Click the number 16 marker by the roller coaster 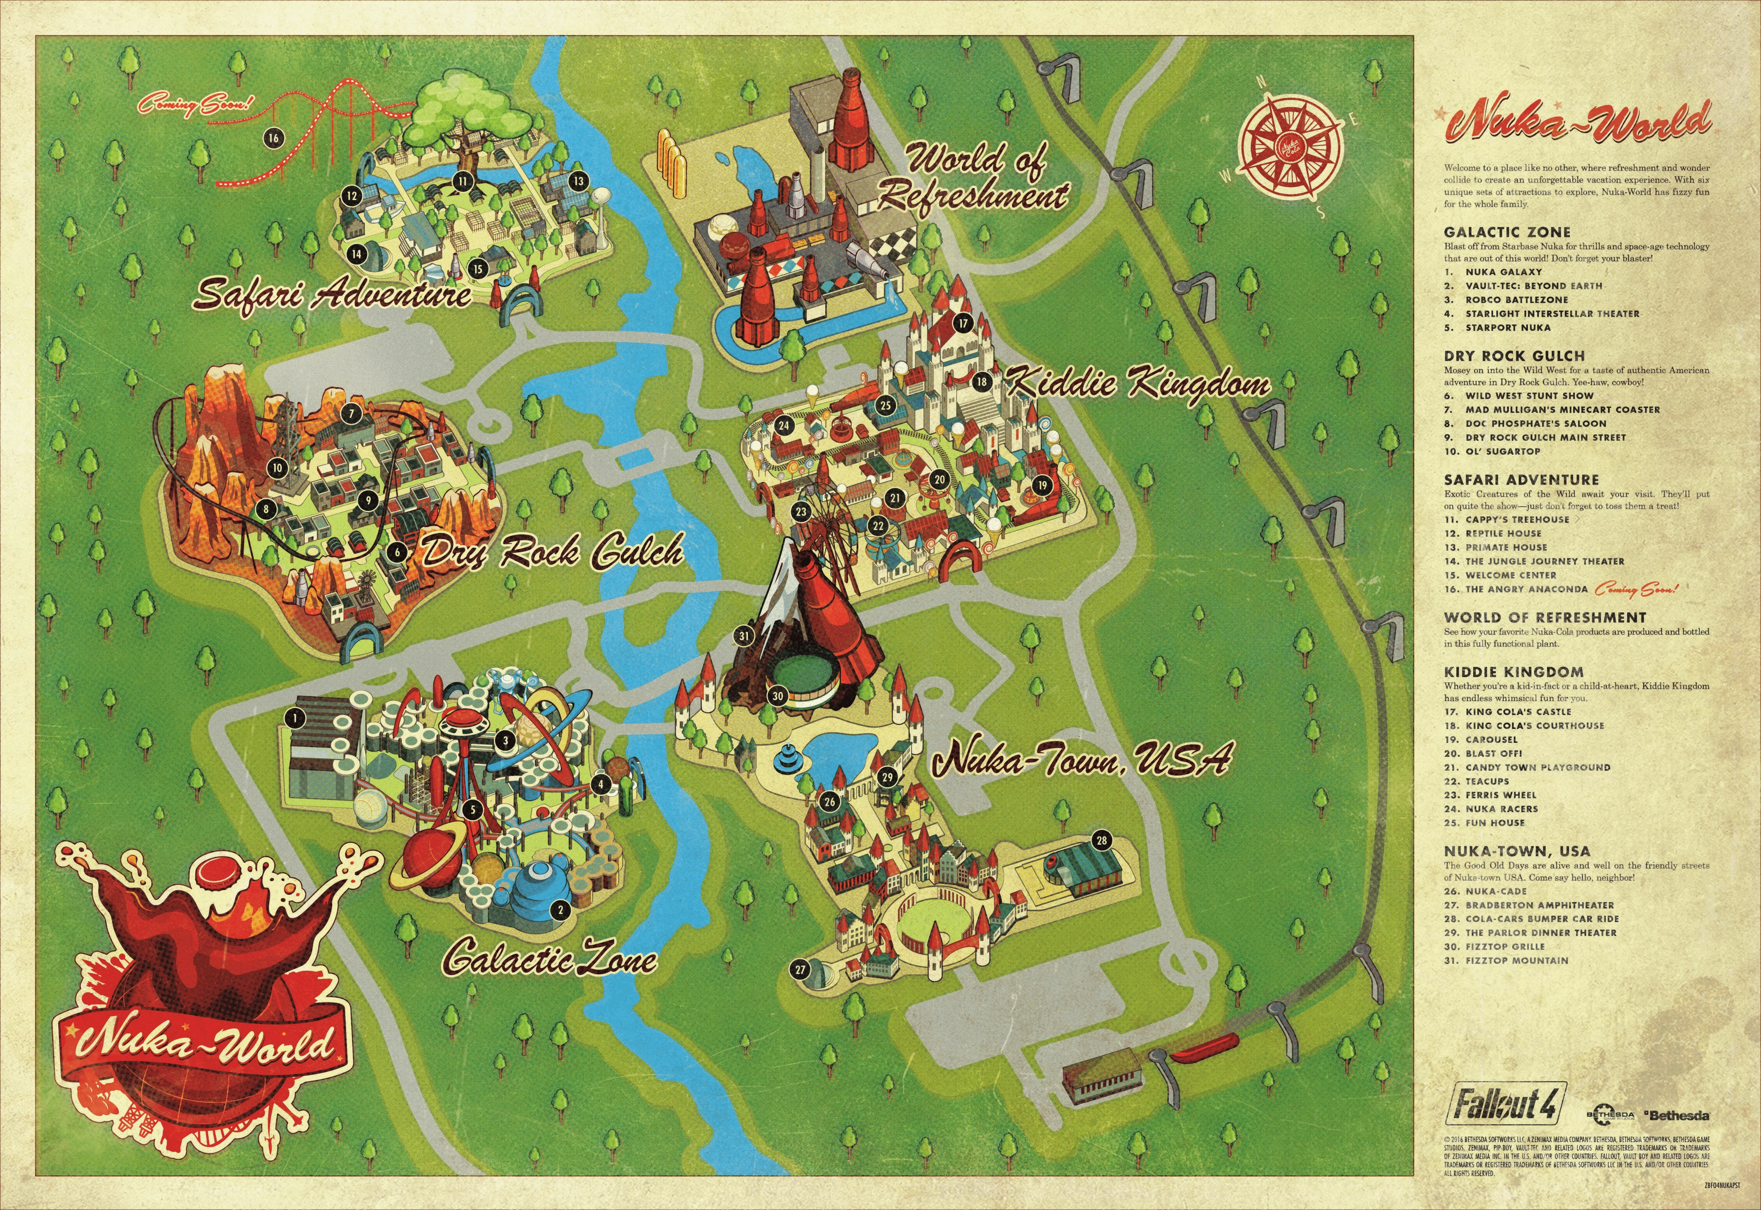(x=273, y=137)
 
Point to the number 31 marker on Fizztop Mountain (x=744, y=635)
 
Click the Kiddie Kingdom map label (x=1137, y=383)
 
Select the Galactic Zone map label (x=551, y=958)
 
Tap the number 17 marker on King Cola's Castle (x=962, y=322)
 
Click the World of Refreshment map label (x=974, y=179)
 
